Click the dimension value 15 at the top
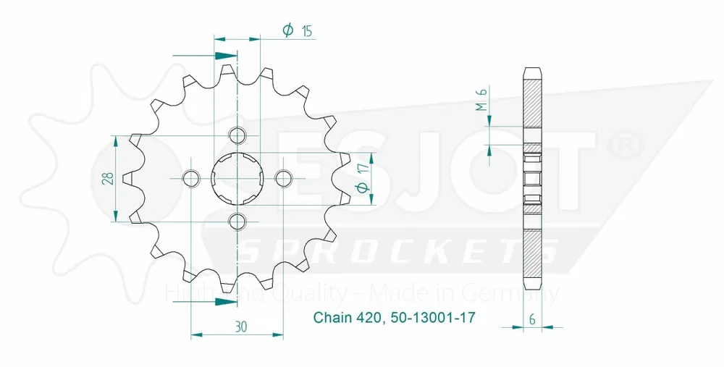(307, 30)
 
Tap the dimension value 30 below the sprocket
(241, 326)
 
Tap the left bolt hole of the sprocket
(192, 178)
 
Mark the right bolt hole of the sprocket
(283, 178)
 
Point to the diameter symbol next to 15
(287, 30)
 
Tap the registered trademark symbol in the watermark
(623, 145)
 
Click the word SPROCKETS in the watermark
(397, 252)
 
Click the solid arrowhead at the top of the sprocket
(226, 55)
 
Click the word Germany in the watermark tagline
(518, 293)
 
